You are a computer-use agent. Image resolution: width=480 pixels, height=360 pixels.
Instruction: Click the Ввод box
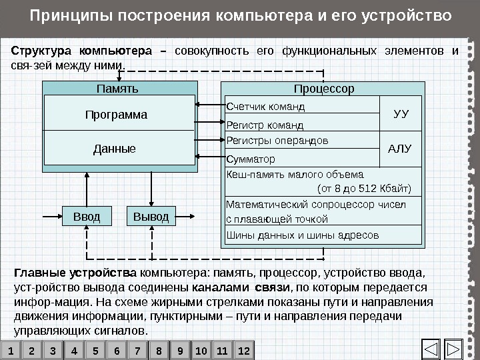(86, 217)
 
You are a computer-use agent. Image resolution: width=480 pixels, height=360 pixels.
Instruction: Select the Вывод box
(151, 217)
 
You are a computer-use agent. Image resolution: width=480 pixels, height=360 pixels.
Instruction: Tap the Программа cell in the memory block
(116, 115)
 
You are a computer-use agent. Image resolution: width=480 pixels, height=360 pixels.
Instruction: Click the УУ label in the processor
(401, 114)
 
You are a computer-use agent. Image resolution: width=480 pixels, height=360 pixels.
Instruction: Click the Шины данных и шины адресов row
(323, 235)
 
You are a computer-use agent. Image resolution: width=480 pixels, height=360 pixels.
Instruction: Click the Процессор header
(324, 89)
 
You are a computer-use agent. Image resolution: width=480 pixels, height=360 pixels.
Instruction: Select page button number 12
(243, 350)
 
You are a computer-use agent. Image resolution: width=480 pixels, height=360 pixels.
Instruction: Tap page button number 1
(11, 350)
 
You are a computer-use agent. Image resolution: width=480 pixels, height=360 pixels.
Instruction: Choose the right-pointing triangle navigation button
(454, 349)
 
